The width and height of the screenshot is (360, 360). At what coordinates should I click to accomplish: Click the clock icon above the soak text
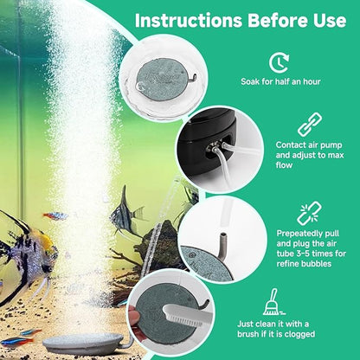pos(278,61)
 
